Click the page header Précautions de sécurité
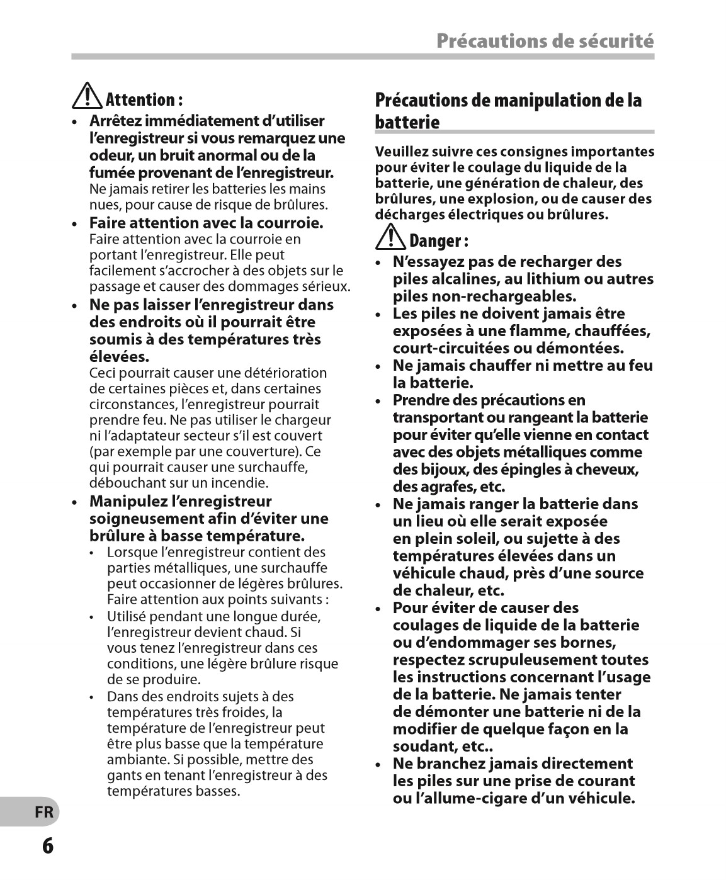pos(545,41)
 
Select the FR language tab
pos(44,812)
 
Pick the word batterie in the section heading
pos(407,121)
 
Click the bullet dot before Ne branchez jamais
pos(378,765)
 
